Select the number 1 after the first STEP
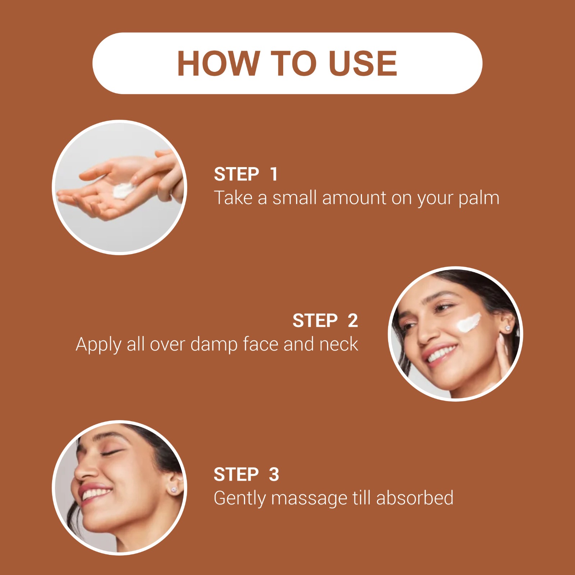(274, 174)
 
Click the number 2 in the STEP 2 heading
(353, 321)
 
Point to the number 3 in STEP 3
(274, 474)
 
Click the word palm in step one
(479, 198)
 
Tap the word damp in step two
(214, 344)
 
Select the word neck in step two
(339, 344)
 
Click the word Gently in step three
(239, 499)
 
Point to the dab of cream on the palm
(123, 190)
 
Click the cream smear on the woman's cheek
(468, 322)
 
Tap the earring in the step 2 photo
(507, 328)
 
